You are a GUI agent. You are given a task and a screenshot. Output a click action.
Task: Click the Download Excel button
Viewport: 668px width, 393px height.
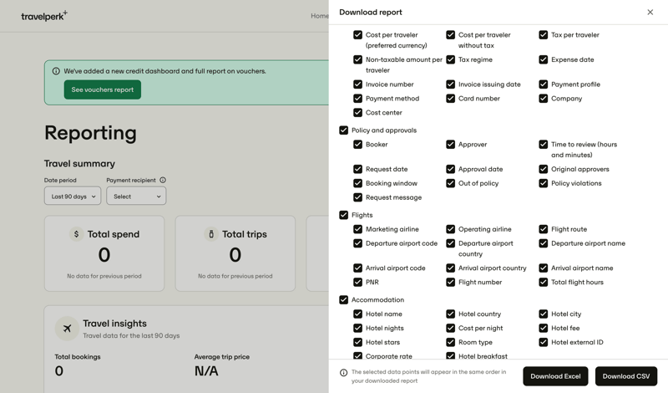(555, 376)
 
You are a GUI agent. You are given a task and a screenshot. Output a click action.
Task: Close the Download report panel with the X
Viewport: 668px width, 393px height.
(650, 13)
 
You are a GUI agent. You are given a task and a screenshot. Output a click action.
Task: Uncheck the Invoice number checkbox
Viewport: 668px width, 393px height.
(357, 84)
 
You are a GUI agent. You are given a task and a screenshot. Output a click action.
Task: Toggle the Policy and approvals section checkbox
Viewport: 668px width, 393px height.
(343, 130)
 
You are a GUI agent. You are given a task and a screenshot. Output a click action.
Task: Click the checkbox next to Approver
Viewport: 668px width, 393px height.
(450, 145)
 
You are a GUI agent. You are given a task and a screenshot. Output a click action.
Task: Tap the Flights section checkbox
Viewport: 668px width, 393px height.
(343, 215)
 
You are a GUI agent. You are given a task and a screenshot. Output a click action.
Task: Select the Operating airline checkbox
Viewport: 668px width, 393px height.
(450, 229)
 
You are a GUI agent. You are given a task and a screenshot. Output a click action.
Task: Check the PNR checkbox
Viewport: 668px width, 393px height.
(357, 283)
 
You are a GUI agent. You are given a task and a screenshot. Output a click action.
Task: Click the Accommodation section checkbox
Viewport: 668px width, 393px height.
(343, 300)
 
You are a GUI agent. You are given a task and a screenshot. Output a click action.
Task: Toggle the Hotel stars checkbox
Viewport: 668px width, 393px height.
(357, 343)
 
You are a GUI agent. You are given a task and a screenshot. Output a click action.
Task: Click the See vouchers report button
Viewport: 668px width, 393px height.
(102, 89)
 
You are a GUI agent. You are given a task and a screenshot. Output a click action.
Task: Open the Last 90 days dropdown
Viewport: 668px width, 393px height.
(73, 196)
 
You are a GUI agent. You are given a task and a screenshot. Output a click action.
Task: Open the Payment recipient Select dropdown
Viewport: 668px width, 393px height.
(136, 196)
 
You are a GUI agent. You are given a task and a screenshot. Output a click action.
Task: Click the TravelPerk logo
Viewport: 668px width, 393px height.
(43, 16)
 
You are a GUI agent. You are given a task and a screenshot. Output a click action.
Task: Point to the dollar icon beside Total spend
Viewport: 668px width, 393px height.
(76, 234)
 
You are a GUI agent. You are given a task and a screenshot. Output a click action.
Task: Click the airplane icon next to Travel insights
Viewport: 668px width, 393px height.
(67, 329)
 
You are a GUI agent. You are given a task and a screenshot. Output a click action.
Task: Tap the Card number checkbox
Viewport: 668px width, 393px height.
(450, 99)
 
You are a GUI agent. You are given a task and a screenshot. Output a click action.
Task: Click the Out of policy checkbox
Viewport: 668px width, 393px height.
(450, 183)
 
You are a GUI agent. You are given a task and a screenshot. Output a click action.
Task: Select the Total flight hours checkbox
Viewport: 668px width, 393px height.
(543, 283)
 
